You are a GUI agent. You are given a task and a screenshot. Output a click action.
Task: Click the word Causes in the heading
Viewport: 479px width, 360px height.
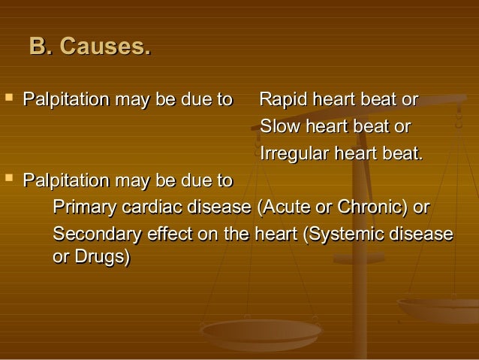[x=105, y=47]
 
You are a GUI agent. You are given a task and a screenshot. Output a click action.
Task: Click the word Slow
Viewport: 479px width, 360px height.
[x=276, y=127]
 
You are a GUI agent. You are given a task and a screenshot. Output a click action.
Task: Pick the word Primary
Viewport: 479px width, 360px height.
[x=82, y=207]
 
